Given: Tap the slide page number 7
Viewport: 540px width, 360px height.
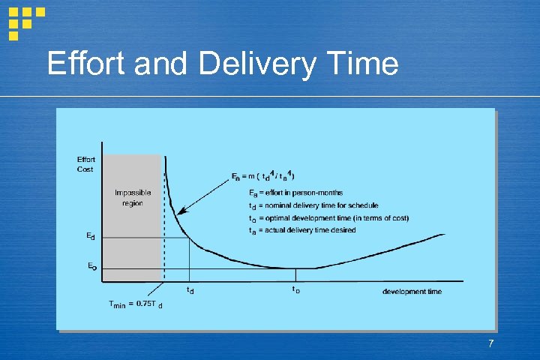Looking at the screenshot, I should tap(490, 343).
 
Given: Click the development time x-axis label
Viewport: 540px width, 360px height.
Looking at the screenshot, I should tap(412, 291).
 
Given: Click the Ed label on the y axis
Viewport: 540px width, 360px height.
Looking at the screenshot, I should tap(90, 237).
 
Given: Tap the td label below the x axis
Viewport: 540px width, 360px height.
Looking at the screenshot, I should tap(190, 289).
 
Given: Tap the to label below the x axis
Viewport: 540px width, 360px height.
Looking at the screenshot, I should tap(296, 289).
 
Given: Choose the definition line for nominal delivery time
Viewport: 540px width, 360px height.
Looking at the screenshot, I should tap(313, 205).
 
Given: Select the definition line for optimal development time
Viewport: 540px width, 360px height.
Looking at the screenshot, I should tap(328, 218).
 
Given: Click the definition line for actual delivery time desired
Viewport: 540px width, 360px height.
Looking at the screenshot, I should tap(302, 230).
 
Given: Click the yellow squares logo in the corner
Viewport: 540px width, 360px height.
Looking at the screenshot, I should tap(25, 20).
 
